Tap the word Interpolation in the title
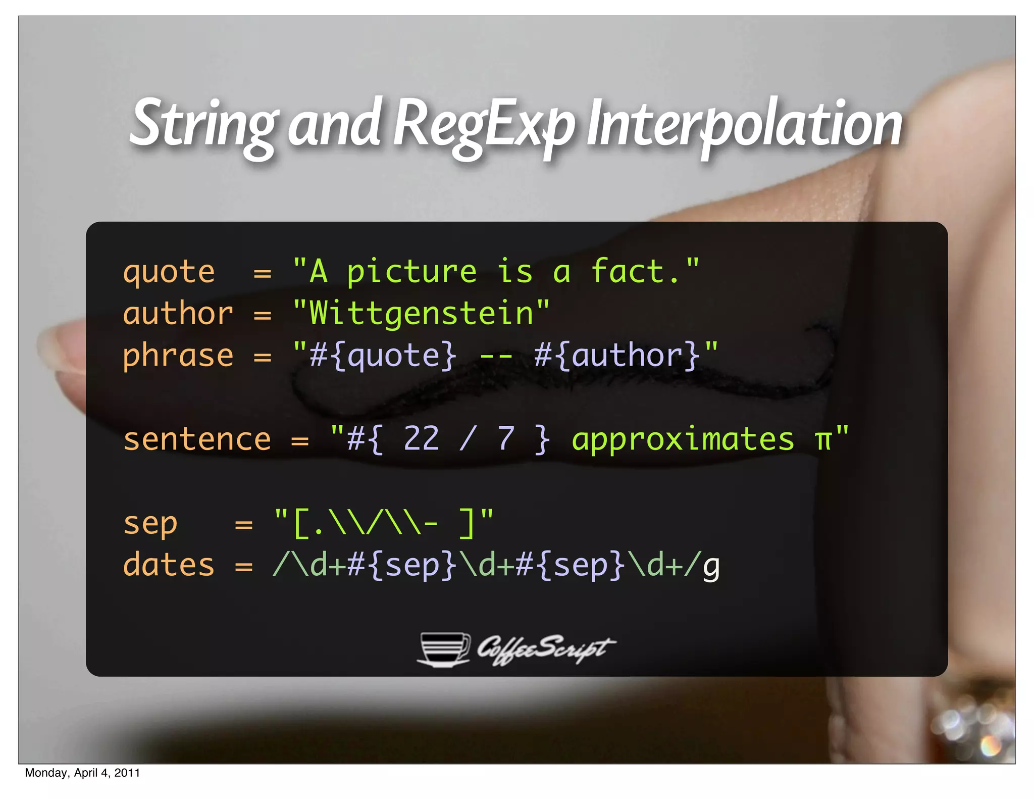click(x=745, y=124)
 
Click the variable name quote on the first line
click(x=169, y=273)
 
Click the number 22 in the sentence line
click(x=421, y=438)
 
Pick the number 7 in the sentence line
click(x=505, y=438)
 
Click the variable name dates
click(x=169, y=565)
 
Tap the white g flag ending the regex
click(x=711, y=567)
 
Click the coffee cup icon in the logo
click(x=443, y=649)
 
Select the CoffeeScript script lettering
click(x=545, y=649)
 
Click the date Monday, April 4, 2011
click(x=82, y=773)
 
